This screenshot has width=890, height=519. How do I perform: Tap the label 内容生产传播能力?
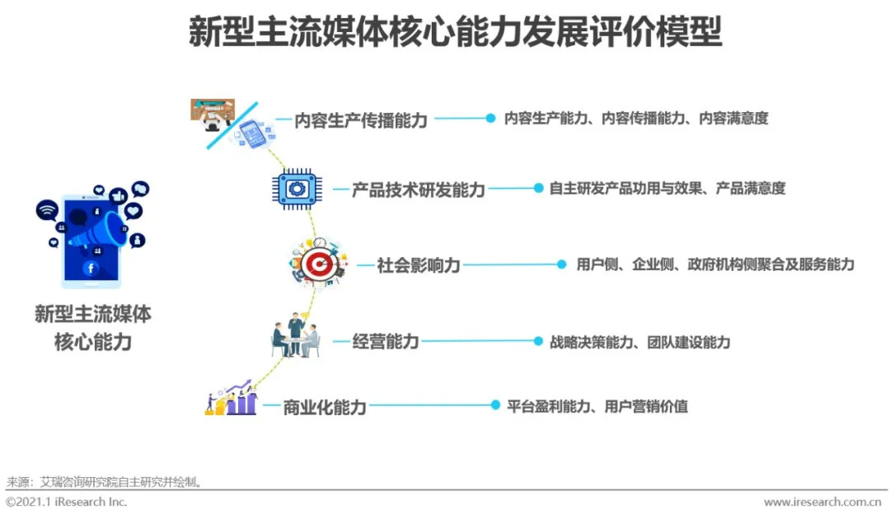(x=361, y=120)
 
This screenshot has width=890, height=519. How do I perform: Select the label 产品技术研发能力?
(x=419, y=189)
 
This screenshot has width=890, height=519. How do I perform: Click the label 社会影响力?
(x=419, y=265)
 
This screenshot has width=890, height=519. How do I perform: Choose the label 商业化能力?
(x=325, y=406)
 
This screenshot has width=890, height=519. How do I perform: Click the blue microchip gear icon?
(x=295, y=189)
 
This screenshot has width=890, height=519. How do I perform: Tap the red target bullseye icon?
(x=315, y=264)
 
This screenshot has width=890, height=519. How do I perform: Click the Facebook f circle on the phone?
(x=90, y=269)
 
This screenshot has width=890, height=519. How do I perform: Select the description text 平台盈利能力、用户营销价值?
(x=597, y=406)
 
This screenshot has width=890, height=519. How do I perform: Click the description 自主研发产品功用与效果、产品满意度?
(x=667, y=189)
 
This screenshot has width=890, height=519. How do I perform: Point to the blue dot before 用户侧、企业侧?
(x=561, y=264)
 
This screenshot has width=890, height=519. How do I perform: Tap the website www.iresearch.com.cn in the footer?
(x=822, y=503)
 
